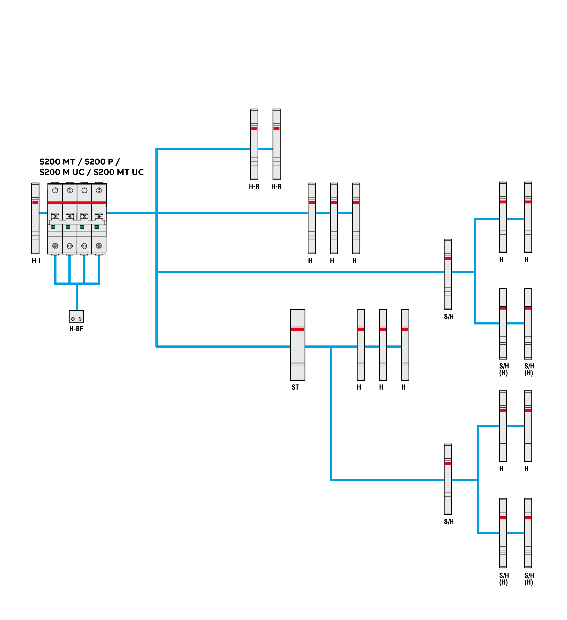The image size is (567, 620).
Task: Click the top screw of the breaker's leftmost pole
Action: pos(55,190)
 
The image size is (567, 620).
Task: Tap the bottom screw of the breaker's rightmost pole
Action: pos(99,246)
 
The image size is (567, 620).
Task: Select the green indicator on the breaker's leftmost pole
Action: pos(53,227)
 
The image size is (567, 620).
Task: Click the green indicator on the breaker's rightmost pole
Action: pos(97,227)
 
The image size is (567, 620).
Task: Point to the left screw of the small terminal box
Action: pos(73,319)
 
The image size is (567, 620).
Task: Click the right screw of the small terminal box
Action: pos(80,319)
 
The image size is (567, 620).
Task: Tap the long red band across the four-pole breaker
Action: pos(77,203)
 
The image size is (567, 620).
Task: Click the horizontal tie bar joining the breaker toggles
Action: pos(77,222)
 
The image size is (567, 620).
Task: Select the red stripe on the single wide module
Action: pos(297,329)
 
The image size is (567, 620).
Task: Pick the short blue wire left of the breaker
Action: pos(43,213)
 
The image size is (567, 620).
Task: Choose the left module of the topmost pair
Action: pos(254,145)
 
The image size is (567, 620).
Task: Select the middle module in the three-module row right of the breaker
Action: pos(334,218)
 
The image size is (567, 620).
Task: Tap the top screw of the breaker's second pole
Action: pos(70,190)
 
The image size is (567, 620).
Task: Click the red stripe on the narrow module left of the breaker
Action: pos(35,203)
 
